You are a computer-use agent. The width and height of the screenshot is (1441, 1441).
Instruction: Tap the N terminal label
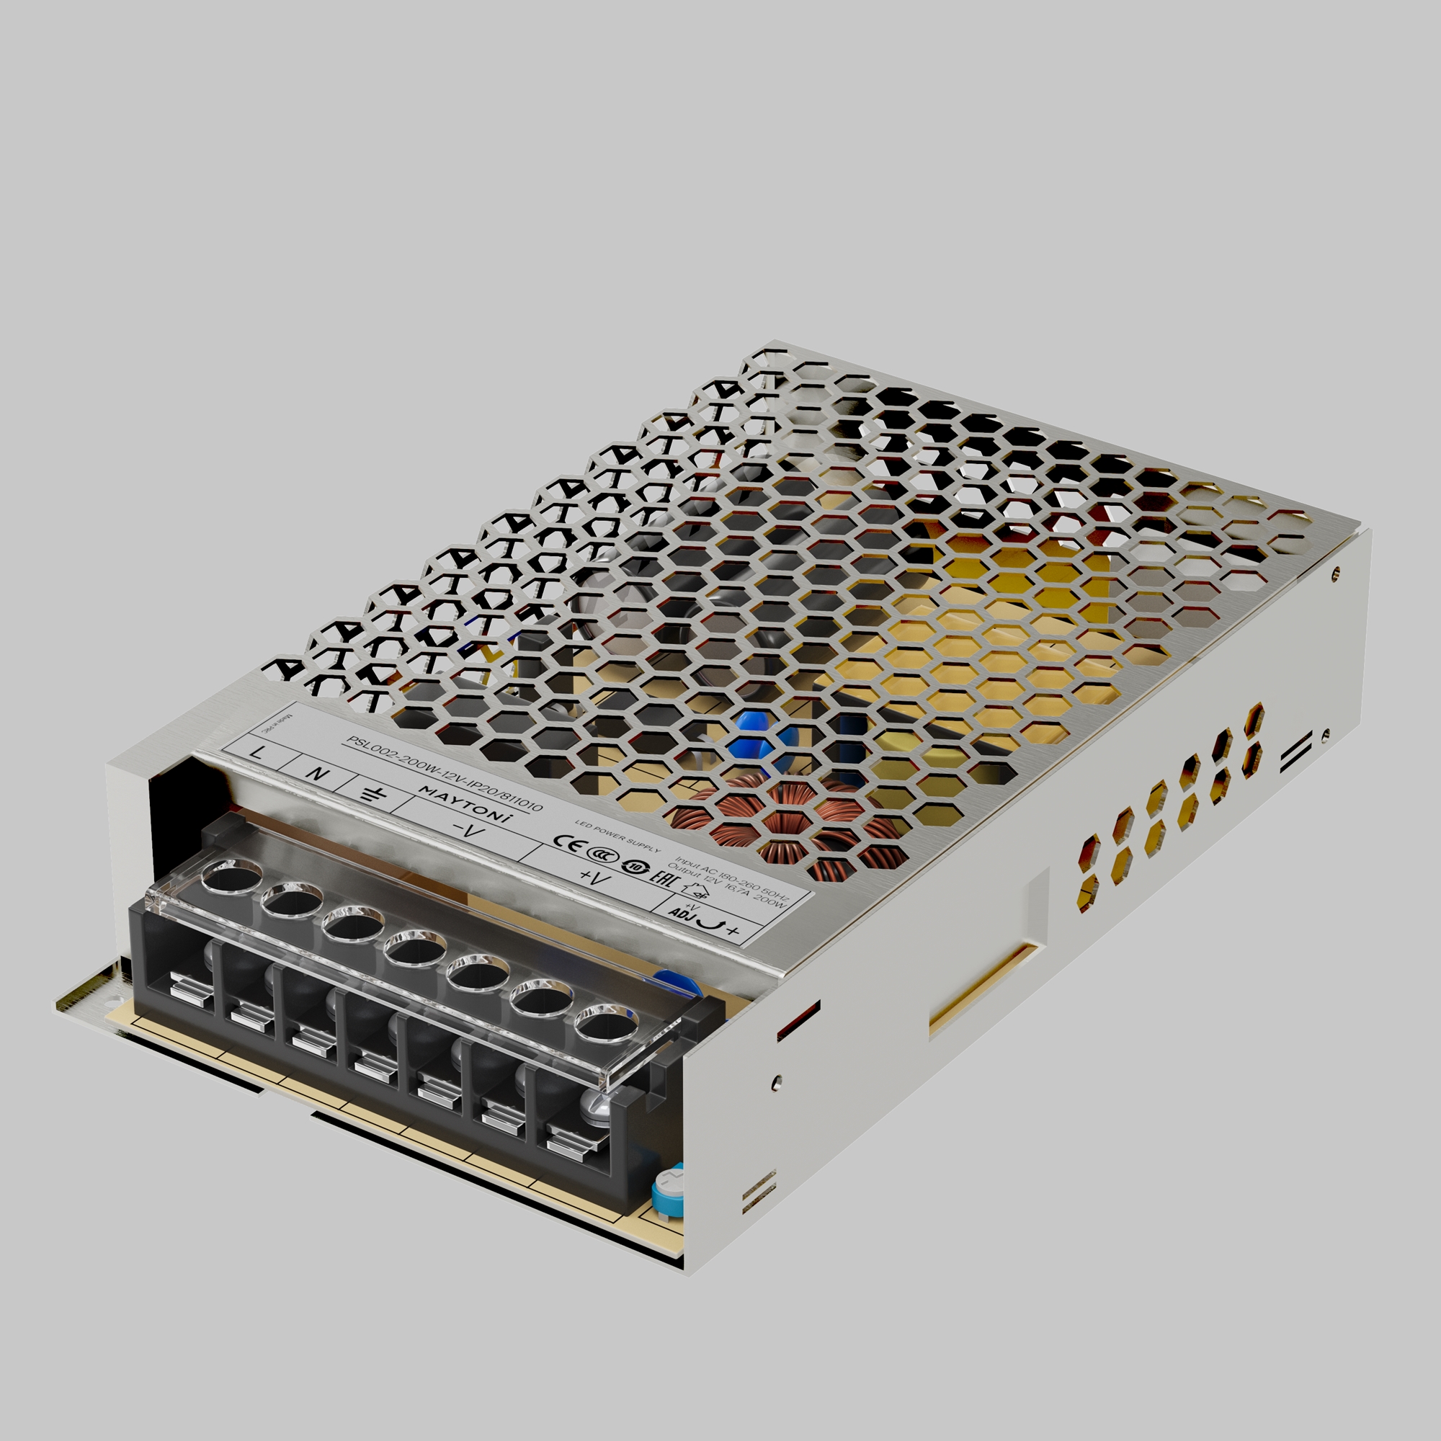318,772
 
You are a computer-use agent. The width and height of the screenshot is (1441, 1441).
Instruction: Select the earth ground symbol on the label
370,793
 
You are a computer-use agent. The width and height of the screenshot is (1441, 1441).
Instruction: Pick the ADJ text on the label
680,913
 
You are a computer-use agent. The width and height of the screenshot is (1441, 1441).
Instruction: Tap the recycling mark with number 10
632,866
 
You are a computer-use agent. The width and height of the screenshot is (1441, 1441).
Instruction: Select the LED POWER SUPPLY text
617,834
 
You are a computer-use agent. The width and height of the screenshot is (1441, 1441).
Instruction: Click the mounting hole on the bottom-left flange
113,994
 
